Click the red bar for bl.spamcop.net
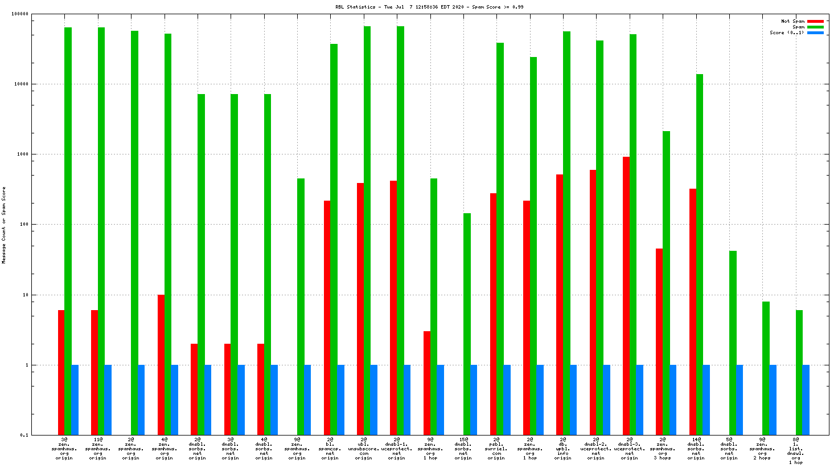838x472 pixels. pos(327,318)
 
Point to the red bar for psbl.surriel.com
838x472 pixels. pos(493,314)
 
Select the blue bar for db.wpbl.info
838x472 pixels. pos(573,400)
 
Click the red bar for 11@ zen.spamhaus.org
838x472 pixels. pos(95,372)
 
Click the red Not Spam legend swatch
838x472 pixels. pos(815,21)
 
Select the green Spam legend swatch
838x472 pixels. pos(815,27)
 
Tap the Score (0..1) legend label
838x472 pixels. pos(787,32)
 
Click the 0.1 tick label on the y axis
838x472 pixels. pos(24,435)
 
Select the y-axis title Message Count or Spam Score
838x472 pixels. pos(4,225)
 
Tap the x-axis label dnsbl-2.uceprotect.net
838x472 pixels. pos(596,449)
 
